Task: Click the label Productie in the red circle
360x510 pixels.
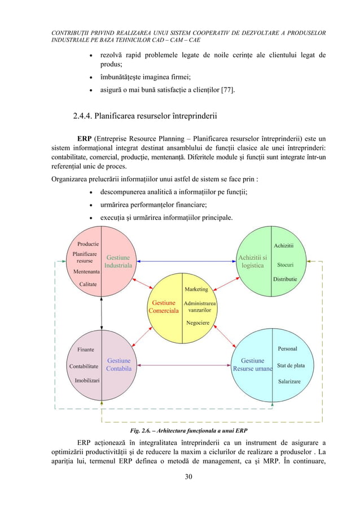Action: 88,244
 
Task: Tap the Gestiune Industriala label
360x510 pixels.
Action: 118,261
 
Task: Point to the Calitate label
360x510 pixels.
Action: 87,284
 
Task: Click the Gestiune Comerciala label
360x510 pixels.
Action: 163,307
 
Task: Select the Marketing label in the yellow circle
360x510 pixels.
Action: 196,289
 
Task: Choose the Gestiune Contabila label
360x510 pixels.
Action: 118,364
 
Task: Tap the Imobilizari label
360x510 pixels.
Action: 87,380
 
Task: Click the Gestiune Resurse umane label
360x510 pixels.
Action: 252,364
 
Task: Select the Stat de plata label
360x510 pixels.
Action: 291,365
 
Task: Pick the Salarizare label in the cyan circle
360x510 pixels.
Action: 289,382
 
